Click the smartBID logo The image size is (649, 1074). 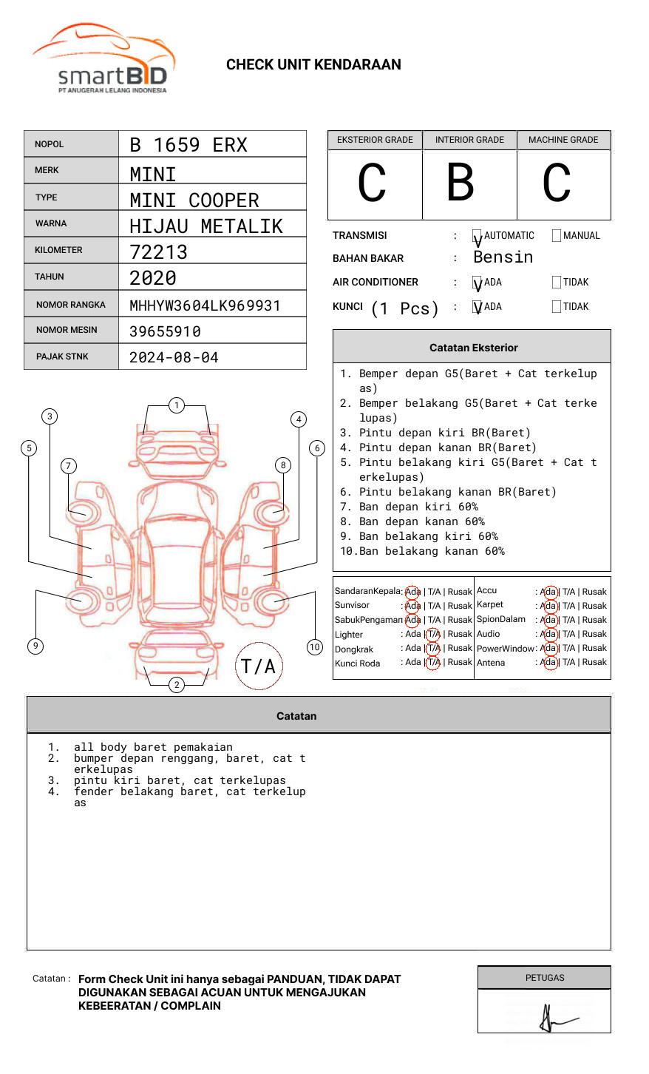tap(103, 60)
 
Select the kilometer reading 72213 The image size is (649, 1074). tap(158, 252)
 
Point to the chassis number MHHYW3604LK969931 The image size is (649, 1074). tap(205, 305)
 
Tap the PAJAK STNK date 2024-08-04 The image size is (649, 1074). tap(174, 357)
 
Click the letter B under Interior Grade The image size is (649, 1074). tap(460, 183)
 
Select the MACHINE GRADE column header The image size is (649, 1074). tap(563, 140)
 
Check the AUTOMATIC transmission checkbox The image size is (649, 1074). tap(477, 236)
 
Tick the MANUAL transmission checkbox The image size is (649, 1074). tap(557, 236)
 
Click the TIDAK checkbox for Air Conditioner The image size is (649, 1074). tap(557, 282)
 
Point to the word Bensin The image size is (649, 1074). tap(503, 257)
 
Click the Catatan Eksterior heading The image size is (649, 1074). tap(473, 348)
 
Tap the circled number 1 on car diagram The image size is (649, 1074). tap(176, 405)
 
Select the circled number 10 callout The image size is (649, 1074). tap(315, 647)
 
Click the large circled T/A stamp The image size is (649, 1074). tap(259, 666)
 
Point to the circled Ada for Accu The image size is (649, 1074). tap(548, 592)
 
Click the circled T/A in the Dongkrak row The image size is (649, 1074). tap(433, 648)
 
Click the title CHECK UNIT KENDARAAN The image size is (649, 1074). tap(313, 65)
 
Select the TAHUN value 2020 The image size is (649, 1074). tap(153, 278)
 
